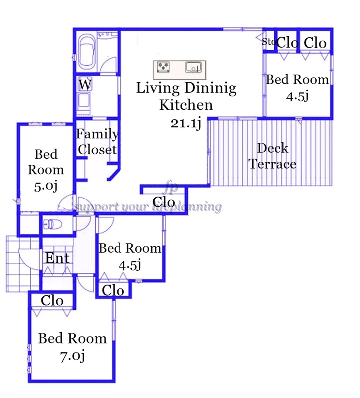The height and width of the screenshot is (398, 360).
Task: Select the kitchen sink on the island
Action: click(x=193, y=67)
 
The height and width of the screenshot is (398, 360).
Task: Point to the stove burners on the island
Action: click(x=163, y=67)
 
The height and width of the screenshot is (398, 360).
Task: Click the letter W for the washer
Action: click(x=85, y=85)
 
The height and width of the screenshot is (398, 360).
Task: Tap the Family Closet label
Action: click(x=97, y=142)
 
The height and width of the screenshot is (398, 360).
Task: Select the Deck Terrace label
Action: click(x=272, y=156)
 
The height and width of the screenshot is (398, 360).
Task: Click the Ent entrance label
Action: click(x=57, y=258)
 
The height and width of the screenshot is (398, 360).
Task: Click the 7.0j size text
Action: click(x=72, y=356)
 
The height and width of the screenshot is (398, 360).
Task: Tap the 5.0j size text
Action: click(x=46, y=186)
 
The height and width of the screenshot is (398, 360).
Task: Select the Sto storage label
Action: click(x=269, y=42)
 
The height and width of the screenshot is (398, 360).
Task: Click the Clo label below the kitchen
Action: click(x=164, y=201)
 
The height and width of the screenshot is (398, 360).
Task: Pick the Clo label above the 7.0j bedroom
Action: click(x=52, y=300)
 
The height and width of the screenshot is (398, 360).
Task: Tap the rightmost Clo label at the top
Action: click(x=315, y=43)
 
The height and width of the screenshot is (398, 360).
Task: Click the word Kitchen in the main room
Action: click(x=186, y=105)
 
